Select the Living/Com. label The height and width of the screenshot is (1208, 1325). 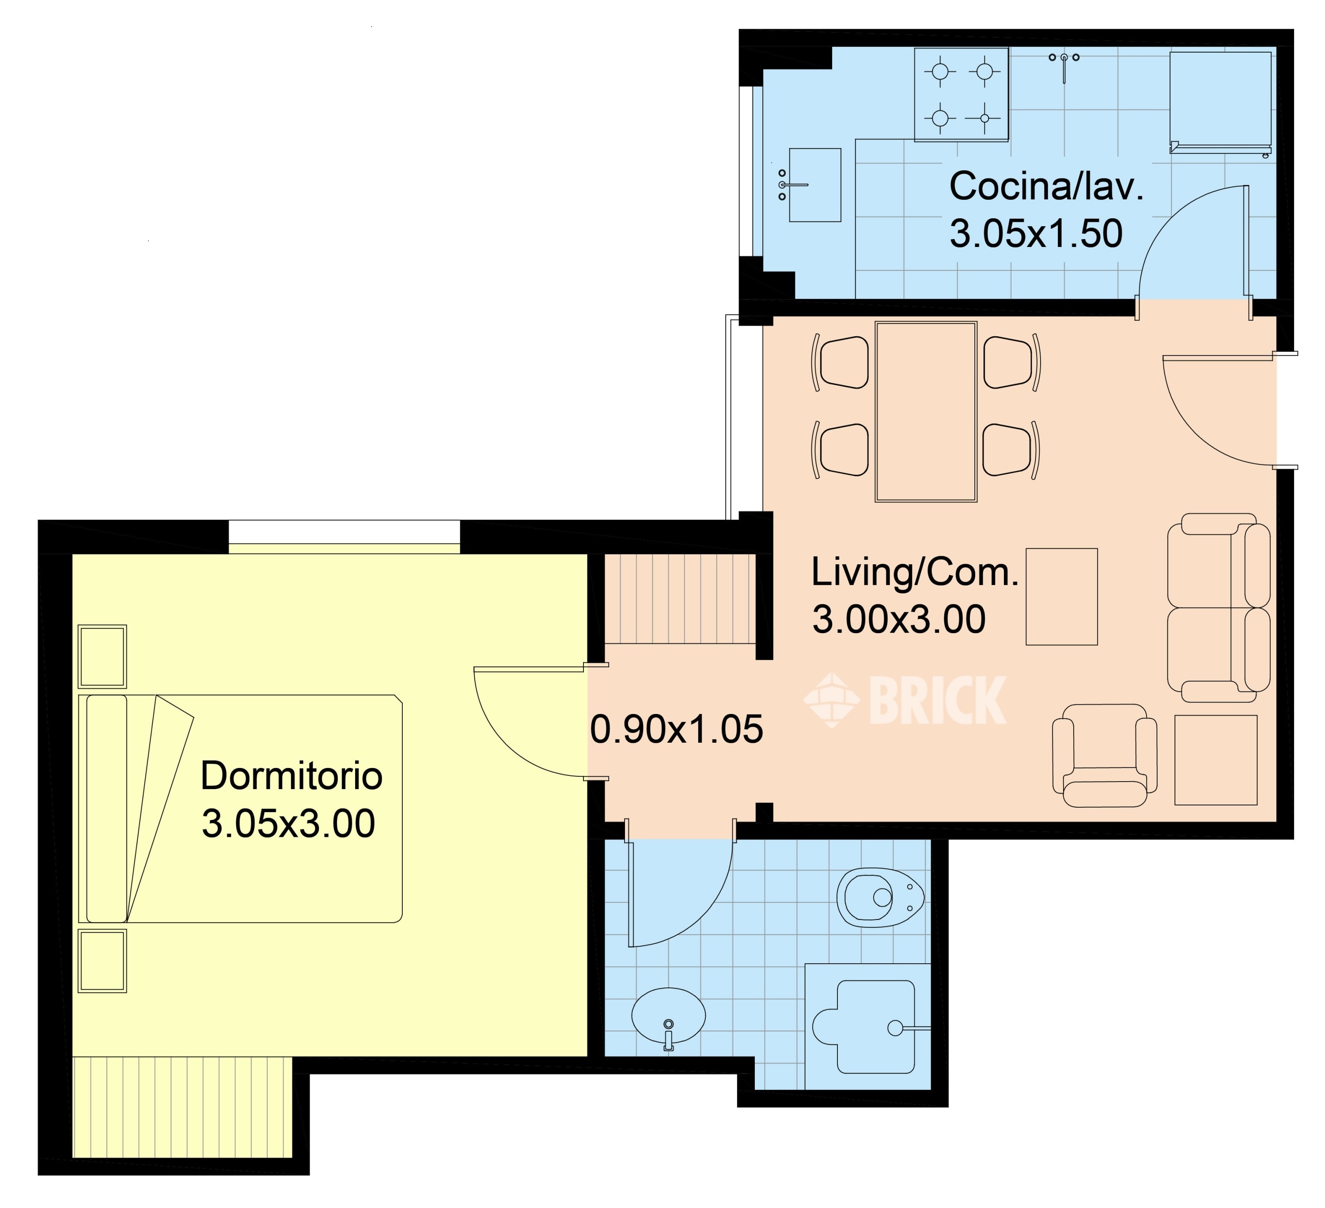pyautogui.click(x=914, y=572)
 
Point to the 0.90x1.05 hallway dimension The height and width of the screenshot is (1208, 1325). pyautogui.click(x=676, y=729)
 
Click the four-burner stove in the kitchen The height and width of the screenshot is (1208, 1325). pyautogui.click(x=962, y=95)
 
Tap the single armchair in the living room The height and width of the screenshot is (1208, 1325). pyautogui.click(x=1105, y=756)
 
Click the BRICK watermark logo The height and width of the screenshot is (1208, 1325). pyautogui.click(x=905, y=700)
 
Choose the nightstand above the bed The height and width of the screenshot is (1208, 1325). pyautogui.click(x=102, y=656)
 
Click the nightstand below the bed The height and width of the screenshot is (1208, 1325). pyautogui.click(x=102, y=961)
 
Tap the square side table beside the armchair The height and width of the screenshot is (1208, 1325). pyautogui.click(x=1216, y=760)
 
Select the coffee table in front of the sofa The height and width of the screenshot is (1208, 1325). pyautogui.click(x=1061, y=596)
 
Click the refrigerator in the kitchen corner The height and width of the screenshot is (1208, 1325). pyautogui.click(x=1220, y=102)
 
